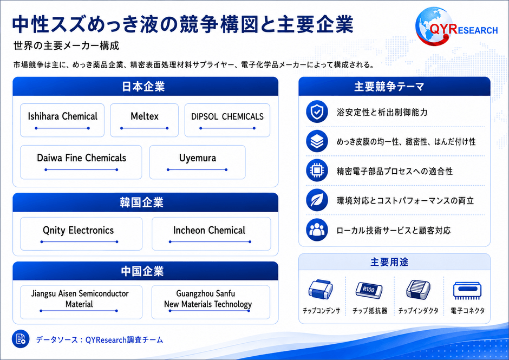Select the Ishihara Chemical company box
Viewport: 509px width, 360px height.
(x=62, y=120)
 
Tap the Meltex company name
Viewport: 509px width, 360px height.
(x=145, y=116)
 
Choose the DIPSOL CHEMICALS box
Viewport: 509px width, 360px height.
(x=227, y=120)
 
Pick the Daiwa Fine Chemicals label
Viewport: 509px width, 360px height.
(x=81, y=158)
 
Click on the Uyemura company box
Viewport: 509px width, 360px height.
(x=197, y=162)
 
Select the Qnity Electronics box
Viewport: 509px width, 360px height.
(x=81, y=234)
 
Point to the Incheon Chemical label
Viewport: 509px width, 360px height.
(x=210, y=231)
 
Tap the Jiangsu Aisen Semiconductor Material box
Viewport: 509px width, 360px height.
(x=81, y=302)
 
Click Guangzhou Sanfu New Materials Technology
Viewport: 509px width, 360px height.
(x=208, y=299)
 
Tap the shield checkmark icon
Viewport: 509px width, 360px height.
(x=317, y=112)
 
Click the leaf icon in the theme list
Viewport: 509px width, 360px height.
(x=317, y=200)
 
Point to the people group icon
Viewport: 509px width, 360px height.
(x=317, y=230)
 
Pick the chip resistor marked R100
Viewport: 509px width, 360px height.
(x=369, y=290)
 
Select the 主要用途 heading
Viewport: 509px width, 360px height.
(x=389, y=262)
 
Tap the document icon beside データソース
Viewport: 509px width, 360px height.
(x=21, y=339)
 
